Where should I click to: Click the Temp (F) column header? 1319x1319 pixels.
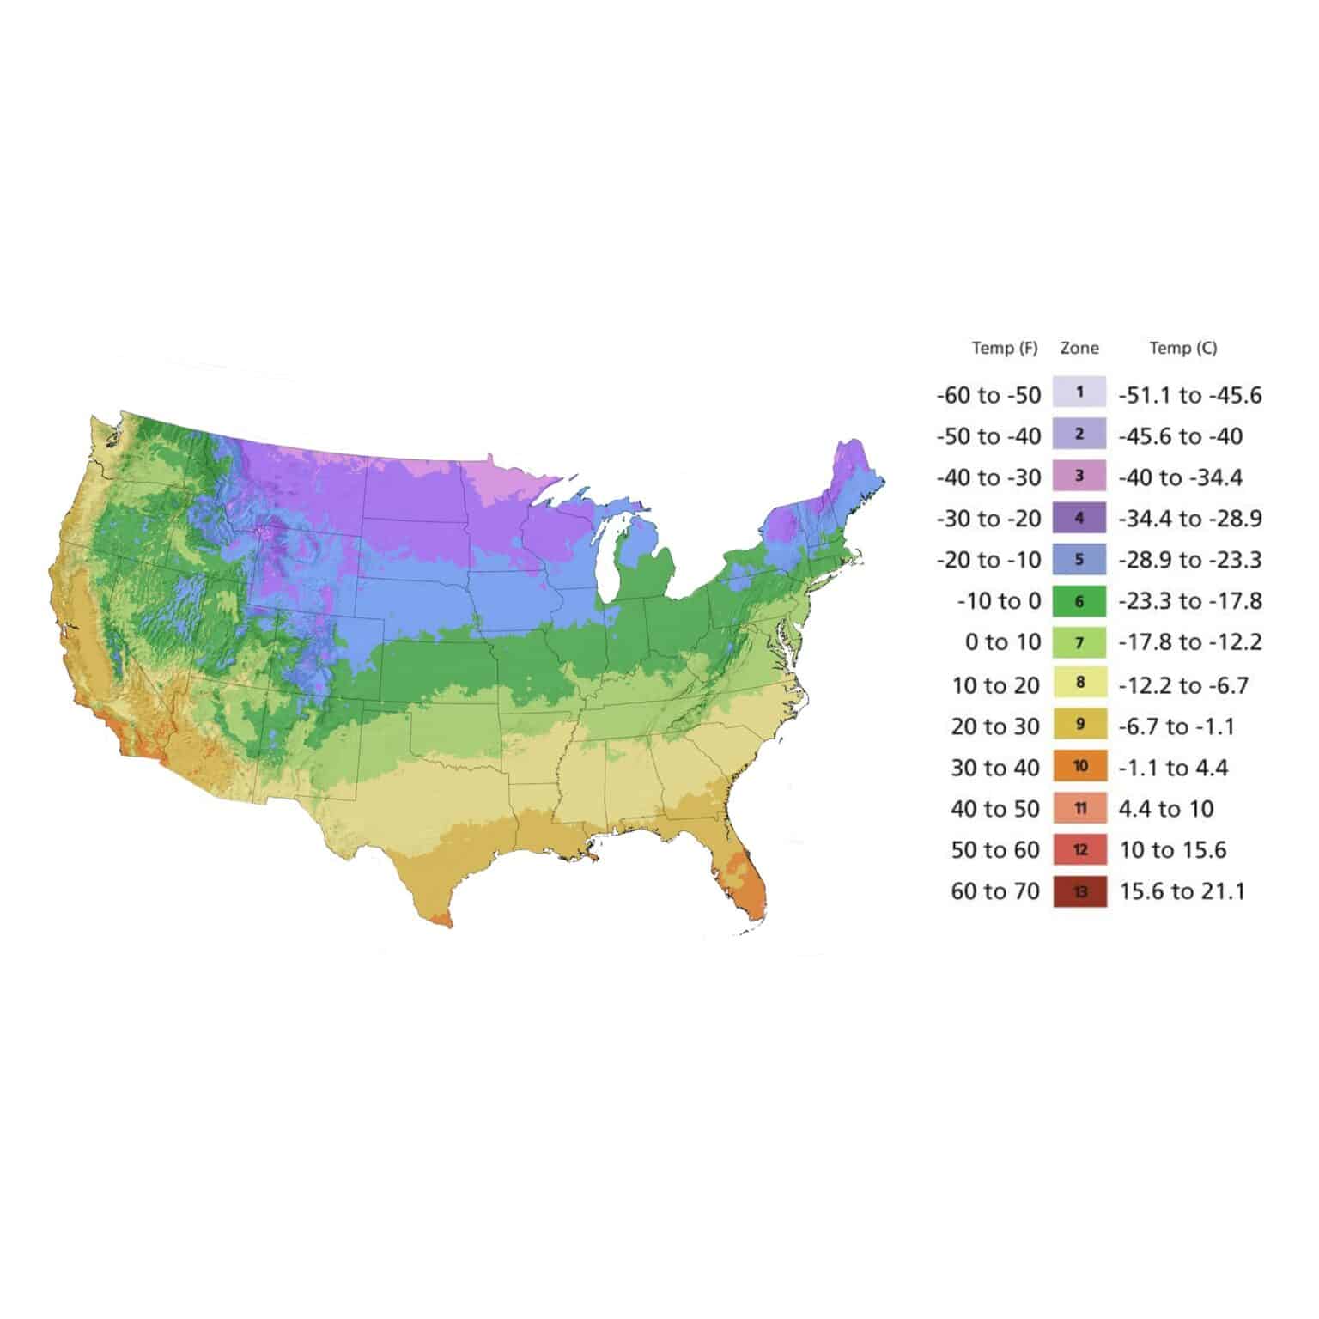click(x=1004, y=348)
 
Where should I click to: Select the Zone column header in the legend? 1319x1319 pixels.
click(x=1079, y=348)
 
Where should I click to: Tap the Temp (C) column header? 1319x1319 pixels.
click(x=1182, y=348)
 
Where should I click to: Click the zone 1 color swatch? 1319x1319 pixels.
click(x=1079, y=392)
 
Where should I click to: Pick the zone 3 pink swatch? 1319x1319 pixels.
click(x=1079, y=476)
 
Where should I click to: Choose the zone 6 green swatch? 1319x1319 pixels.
click(x=1079, y=601)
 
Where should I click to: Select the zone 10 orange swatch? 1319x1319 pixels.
click(x=1079, y=766)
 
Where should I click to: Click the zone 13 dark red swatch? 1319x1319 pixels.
click(x=1079, y=891)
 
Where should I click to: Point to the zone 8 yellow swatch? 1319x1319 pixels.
click(x=1079, y=684)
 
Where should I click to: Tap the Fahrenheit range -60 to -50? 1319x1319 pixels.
click(x=988, y=395)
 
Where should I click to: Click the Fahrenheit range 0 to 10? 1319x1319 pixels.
click(x=1002, y=642)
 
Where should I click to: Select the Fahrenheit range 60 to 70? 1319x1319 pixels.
click(x=995, y=891)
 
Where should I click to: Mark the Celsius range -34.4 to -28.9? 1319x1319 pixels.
click(x=1189, y=519)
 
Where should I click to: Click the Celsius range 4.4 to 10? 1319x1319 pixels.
click(x=1166, y=809)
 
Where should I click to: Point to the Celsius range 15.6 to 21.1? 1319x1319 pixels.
click(x=1182, y=891)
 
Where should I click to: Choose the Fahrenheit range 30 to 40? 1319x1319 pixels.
click(x=995, y=768)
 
